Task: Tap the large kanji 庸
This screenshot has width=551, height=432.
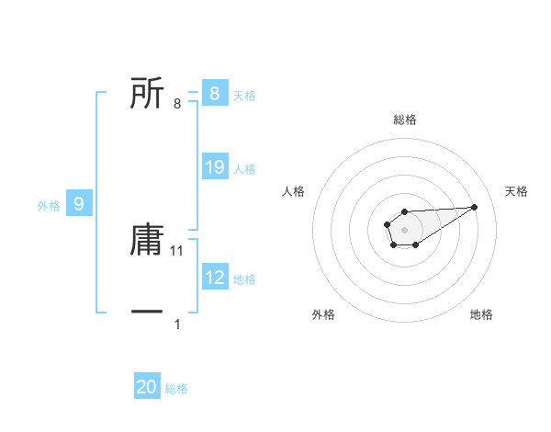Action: point(147,242)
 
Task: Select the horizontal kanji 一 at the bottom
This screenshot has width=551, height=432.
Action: point(147,313)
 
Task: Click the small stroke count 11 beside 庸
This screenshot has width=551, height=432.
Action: point(178,250)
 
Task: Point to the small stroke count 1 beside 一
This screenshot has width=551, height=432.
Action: point(177,324)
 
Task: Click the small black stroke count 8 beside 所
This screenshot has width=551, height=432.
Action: point(176,103)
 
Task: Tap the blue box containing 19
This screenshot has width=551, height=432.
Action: point(214,167)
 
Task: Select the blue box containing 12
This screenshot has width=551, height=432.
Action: point(214,278)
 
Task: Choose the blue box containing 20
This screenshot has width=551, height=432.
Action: point(146,387)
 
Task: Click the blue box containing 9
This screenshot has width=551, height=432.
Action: point(79,204)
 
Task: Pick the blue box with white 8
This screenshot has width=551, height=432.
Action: point(214,93)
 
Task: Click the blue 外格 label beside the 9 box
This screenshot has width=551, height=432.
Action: point(49,206)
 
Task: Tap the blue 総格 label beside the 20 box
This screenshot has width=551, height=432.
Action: point(176,389)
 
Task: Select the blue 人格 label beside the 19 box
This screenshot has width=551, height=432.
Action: point(244,169)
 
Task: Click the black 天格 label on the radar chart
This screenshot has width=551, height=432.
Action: point(516,191)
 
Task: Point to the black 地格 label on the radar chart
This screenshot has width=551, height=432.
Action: point(481,314)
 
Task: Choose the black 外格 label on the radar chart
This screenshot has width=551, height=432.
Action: point(323,314)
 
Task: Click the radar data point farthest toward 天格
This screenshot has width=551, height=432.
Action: point(475,207)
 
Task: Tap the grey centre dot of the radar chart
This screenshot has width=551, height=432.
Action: point(404,229)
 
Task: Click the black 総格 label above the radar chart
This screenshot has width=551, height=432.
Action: point(404,119)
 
